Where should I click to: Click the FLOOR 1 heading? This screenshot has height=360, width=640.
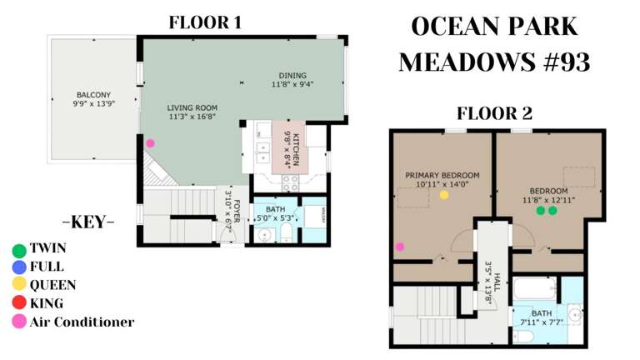coord(205,23)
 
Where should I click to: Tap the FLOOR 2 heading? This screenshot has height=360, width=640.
coord(493,114)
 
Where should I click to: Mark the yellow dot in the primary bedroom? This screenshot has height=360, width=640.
coord(444,195)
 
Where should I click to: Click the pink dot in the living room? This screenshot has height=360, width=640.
coord(150,143)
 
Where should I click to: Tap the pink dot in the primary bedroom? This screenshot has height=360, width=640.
coord(400,247)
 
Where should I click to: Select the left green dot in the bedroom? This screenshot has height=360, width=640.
coord(540,211)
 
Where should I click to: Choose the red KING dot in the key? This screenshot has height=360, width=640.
coord(19,303)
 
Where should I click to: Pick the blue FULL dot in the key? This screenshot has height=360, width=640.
coord(19,267)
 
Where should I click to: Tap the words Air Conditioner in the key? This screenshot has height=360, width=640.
coord(82,322)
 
